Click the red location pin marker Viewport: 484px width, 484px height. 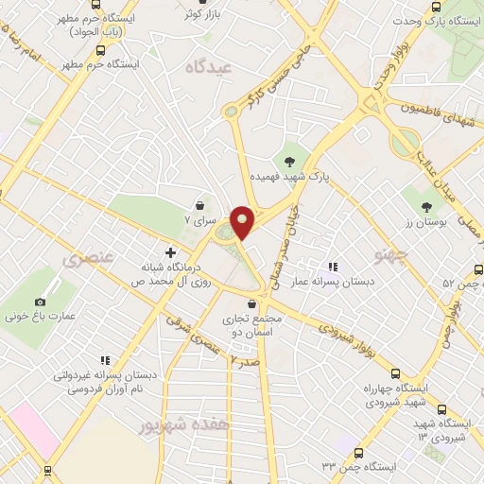[242, 222]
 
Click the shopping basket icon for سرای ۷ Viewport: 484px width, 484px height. [199, 205]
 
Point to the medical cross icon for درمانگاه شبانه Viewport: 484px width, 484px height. [170, 252]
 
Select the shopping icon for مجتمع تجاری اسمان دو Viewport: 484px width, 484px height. [251, 303]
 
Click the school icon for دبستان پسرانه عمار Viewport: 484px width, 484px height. [331, 268]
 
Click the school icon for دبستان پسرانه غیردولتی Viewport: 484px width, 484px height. [104, 359]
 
